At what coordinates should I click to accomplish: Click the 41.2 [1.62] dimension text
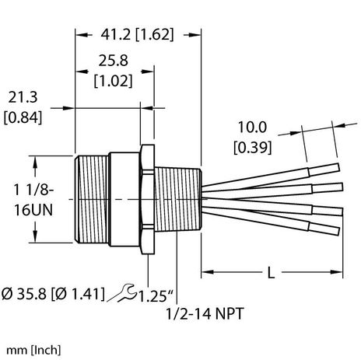pos(136,34)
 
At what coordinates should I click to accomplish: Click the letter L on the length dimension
pos(270,274)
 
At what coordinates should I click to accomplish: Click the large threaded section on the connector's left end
pos(91,198)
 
